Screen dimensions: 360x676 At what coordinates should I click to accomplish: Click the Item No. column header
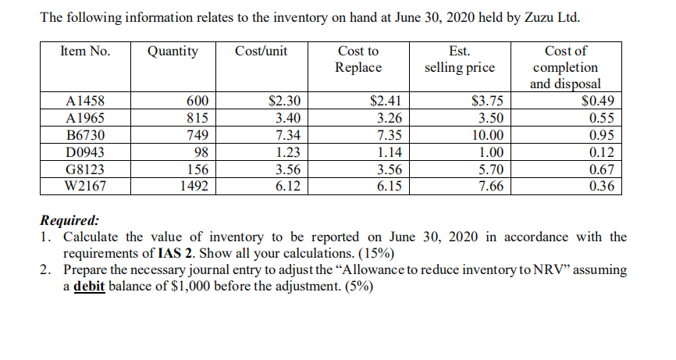pos(85,52)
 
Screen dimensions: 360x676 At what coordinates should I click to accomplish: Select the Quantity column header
pos(173,52)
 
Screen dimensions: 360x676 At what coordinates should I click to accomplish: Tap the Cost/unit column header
pos(261,52)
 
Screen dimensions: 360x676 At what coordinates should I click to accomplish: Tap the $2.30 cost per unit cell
pos(284,102)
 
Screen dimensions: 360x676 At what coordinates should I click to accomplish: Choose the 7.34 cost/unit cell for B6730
pos(289,136)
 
